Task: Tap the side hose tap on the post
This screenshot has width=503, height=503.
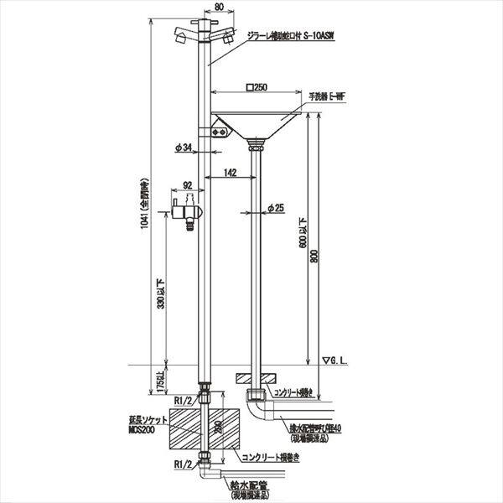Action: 186,207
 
